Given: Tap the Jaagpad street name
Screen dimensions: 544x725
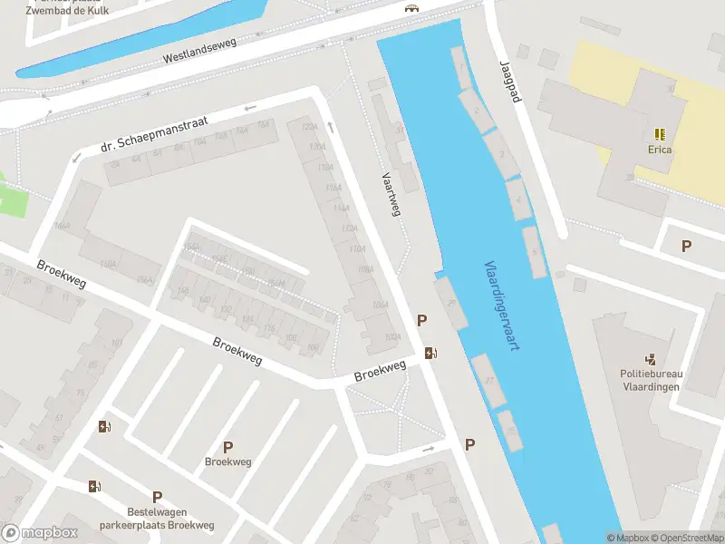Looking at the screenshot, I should (510, 82).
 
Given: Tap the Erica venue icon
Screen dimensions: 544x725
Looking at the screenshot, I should (659, 132).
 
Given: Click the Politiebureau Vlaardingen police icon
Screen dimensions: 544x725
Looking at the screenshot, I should (651, 359).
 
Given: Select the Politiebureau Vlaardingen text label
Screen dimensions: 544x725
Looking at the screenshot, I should (651, 379).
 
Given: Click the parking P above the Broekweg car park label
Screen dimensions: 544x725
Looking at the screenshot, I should (227, 446).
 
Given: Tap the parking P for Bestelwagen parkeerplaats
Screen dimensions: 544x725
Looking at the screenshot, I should (157, 497).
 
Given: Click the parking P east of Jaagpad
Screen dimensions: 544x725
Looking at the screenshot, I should (686, 246).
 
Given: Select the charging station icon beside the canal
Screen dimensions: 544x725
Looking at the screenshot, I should (431, 353).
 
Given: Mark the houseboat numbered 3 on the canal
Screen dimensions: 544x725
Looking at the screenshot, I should (499, 151).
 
